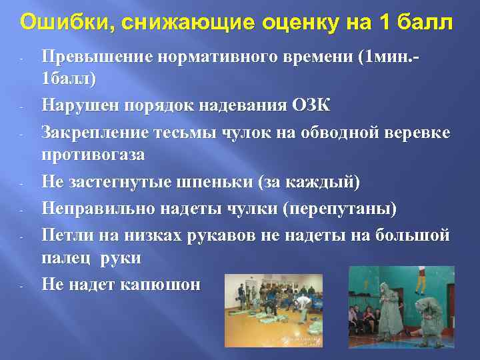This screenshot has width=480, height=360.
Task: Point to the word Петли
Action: pyautogui.click(x=64, y=235)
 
